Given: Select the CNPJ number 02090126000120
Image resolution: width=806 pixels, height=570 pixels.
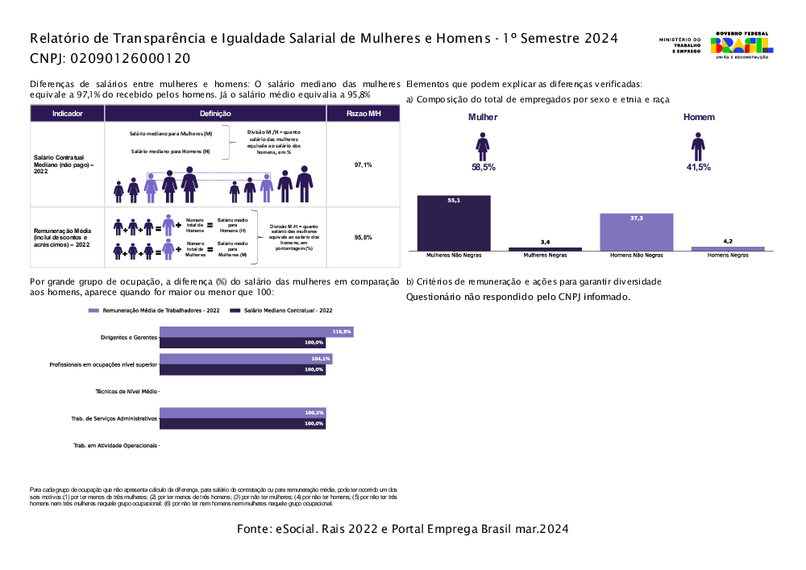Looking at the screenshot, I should (x=131, y=58).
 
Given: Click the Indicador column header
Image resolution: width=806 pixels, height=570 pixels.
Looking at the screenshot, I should (x=67, y=114).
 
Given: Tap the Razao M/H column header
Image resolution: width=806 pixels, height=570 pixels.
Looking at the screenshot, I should (x=363, y=114).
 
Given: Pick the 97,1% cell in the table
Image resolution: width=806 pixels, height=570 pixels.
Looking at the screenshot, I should (x=363, y=164).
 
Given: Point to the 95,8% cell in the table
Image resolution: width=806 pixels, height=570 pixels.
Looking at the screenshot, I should (x=363, y=238).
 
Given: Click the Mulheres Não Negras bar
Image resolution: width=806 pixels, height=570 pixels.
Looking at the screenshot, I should (x=454, y=223).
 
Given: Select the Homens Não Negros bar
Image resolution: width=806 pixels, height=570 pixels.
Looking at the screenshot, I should (x=637, y=232).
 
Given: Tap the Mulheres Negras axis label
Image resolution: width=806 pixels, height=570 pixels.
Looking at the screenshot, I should (x=545, y=255).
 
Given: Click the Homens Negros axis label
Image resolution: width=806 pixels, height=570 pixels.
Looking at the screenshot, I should (x=728, y=255).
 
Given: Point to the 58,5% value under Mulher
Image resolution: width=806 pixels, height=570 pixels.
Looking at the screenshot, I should (x=483, y=167).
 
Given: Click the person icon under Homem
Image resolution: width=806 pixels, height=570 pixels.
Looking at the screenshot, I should (x=698, y=146).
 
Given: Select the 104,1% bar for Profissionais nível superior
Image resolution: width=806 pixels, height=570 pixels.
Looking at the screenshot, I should (x=246, y=359).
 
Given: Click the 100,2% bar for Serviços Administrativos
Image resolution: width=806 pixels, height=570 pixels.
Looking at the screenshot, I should (x=243, y=413).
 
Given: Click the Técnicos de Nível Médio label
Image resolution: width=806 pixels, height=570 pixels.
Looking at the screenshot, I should (x=126, y=391).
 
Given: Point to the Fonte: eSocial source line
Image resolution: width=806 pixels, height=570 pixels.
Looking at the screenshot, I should (x=403, y=529).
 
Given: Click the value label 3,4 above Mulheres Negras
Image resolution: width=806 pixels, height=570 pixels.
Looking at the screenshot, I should (x=545, y=242).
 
